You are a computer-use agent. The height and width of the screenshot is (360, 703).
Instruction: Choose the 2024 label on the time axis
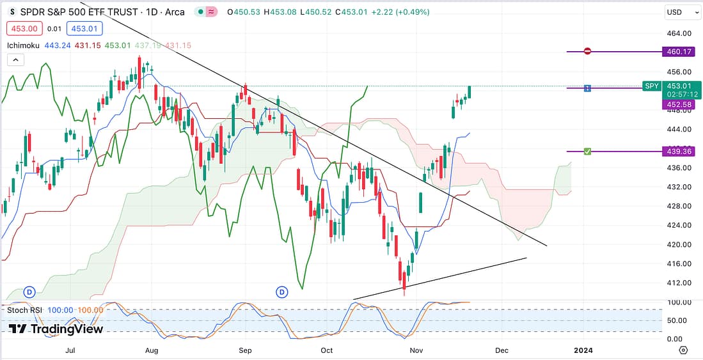(x=583, y=350)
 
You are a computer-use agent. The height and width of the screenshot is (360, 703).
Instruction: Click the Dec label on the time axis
(x=502, y=350)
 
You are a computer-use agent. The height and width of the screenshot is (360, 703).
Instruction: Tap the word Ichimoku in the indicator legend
(x=24, y=45)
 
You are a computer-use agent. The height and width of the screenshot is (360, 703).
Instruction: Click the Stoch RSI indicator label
(x=25, y=310)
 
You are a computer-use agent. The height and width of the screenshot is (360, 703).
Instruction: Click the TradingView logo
(x=56, y=329)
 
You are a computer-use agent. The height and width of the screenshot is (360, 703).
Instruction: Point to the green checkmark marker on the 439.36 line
(x=587, y=152)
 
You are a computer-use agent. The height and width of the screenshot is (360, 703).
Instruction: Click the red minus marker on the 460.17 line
(x=587, y=52)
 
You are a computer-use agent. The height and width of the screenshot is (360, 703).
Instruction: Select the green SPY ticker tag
(x=651, y=86)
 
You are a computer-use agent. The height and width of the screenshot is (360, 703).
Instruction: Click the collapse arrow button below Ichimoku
(x=15, y=59)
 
